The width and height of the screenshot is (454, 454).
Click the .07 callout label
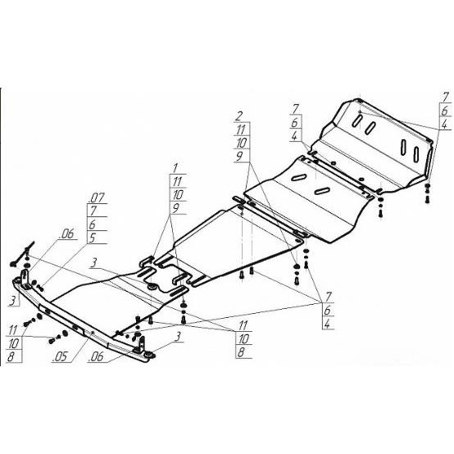point(97,198)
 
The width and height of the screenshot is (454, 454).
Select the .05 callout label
point(60,357)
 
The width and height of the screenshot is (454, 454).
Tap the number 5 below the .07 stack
point(92,238)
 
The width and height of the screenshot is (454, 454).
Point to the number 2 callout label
point(238,116)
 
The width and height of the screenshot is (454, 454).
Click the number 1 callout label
point(175,168)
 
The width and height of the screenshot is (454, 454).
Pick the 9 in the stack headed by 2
point(239,157)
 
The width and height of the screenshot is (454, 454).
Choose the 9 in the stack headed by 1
point(176,207)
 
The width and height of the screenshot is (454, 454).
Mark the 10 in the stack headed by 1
point(178,195)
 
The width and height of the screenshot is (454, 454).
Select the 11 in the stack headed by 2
point(241,130)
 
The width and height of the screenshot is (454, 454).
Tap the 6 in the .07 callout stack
point(93,225)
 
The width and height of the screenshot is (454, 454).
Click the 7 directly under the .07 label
point(93,211)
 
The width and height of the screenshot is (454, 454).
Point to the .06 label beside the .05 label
point(96,356)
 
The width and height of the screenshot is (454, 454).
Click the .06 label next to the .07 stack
point(66,234)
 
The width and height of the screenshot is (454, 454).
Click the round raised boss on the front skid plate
point(152,287)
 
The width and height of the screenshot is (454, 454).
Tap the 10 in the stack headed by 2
point(241,143)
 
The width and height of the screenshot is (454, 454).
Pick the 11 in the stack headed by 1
point(177,182)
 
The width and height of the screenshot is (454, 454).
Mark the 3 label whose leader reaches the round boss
point(93,263)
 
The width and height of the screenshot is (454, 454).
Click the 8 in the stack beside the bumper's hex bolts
point(11,356)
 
